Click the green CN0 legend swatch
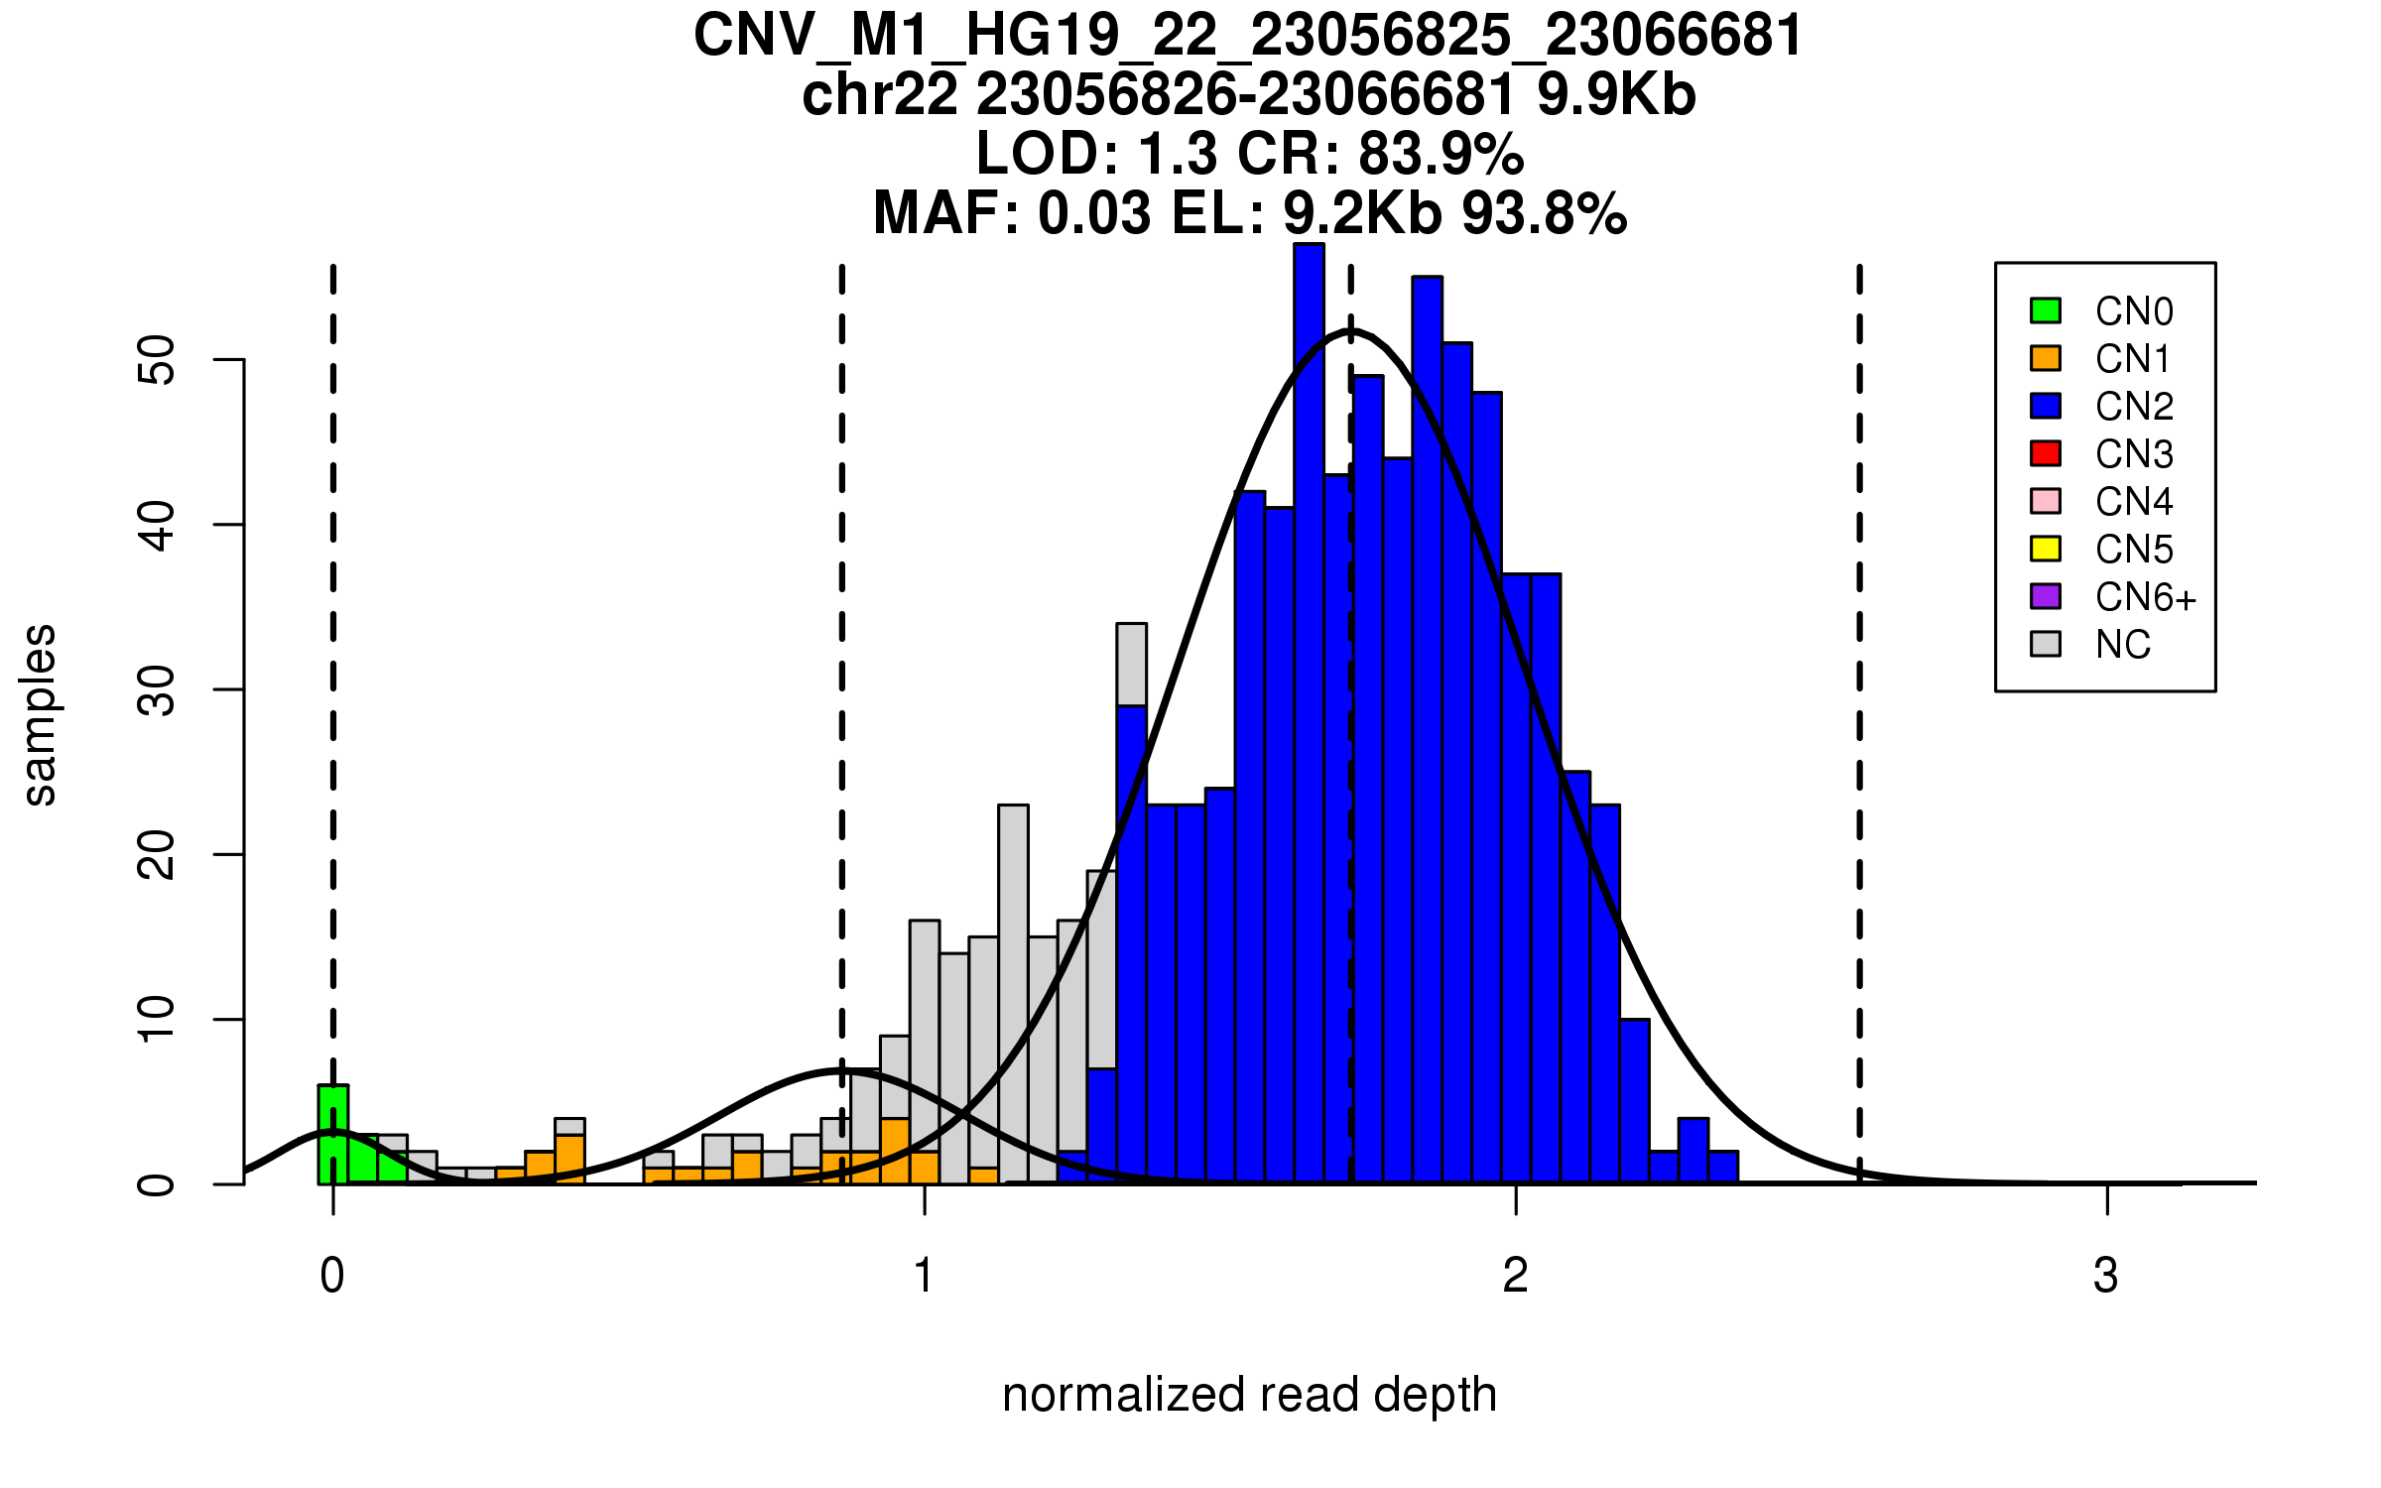point(2046,310)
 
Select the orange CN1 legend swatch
point(2046,358)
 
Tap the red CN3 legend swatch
point(2046,453)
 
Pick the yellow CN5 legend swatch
point(2046,549)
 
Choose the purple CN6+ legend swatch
point(2046,596)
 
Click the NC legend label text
point(2122,645)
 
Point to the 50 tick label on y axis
point(157,359)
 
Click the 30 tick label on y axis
point(157,689)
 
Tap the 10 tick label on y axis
point(157,1020)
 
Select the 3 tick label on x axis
point(2106,1276)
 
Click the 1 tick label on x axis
point(925,1276)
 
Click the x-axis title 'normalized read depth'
point(1249,1395)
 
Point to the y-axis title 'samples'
point(40,714)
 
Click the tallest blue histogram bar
point(1309,714)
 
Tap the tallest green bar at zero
point(333,1136)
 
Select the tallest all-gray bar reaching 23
point(1013,992)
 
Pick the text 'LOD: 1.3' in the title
point(1096,154)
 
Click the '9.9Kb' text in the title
point(1616,95)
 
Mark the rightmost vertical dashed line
point(1859,724)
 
